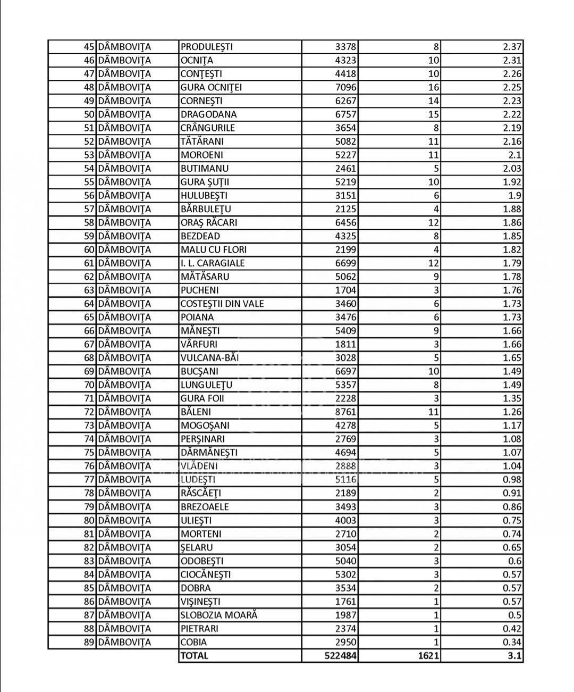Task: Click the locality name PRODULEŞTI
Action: coord(207,47)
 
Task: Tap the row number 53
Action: coord(89,155)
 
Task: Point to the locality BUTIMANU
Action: coord(205,169)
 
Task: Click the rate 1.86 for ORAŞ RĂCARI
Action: coord(512,223)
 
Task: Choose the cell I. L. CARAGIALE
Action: coord(213,263)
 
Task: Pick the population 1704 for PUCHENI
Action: coord(346,290)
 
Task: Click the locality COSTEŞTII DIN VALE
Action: coord(222,304)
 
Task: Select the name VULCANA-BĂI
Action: coord(209,358)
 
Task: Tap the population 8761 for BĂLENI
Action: coord(346,412)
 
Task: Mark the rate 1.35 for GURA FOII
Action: coord(512,398)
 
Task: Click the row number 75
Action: coord(89,453)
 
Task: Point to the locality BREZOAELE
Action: coord(205,507)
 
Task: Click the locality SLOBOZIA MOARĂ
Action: coord(219,615)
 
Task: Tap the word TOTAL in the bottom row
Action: coord(195,656)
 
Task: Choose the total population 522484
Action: coord(341,656)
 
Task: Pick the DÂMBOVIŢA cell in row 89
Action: coord(125,642)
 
